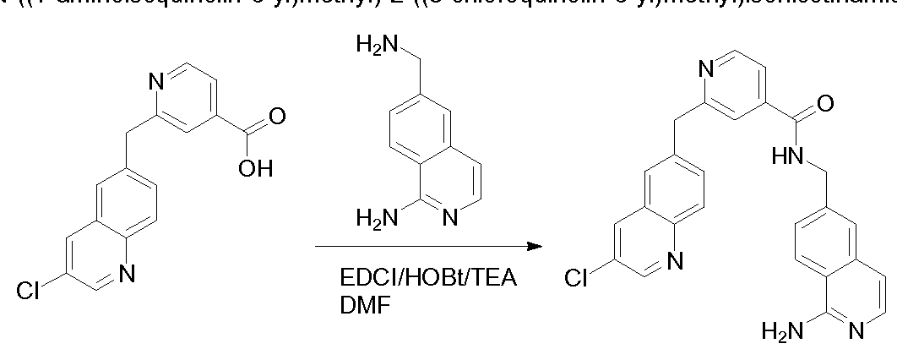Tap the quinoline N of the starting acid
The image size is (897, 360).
click(x=128, y=273)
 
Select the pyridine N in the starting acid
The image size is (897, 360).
click(x=156, y=82)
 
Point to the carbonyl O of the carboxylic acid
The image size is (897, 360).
click(x=276, y=112)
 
